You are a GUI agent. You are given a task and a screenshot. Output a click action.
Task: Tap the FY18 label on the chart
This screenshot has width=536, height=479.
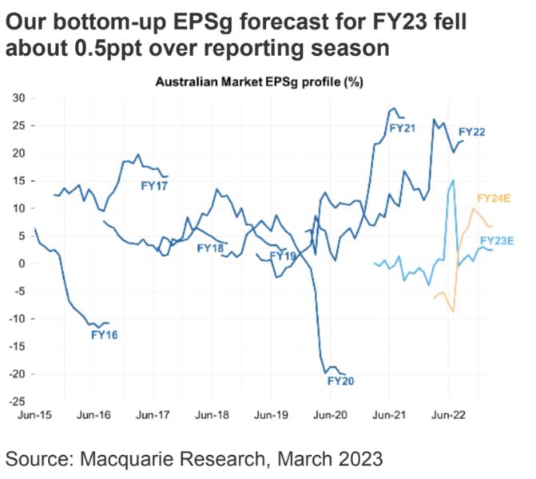212,248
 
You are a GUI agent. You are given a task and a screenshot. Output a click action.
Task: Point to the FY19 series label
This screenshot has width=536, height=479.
283,256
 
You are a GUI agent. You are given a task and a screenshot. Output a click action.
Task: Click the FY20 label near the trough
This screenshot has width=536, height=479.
340,381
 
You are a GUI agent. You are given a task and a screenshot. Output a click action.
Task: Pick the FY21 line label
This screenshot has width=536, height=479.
401,127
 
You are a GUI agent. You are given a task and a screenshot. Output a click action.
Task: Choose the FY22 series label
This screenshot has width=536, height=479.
472,132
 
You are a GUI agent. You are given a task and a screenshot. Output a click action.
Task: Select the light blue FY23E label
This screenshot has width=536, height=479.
496,240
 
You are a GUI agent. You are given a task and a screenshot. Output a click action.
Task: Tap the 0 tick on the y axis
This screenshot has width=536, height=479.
24,263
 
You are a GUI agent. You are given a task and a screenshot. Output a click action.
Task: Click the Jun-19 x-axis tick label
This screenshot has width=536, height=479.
271,415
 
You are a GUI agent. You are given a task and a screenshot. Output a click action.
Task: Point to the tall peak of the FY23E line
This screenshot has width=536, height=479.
453,180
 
